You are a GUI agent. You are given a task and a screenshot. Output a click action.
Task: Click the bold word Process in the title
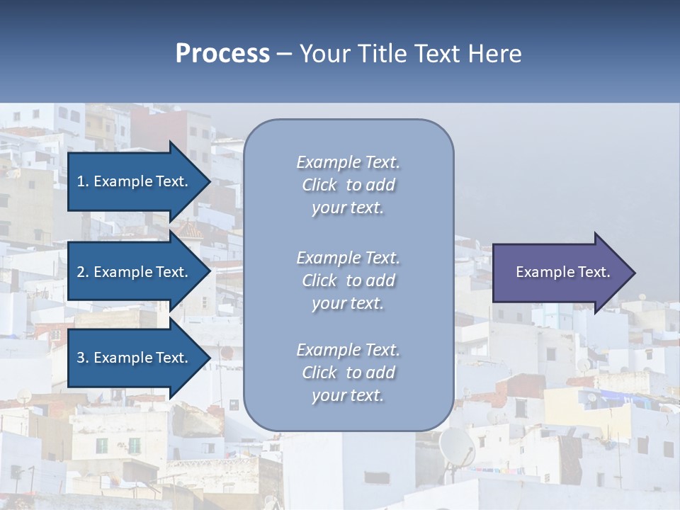[x=222, y=54]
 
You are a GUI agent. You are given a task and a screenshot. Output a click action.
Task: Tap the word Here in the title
[x=494, y=54]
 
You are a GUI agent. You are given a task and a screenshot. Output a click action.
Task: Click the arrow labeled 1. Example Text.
[x=135, y=181]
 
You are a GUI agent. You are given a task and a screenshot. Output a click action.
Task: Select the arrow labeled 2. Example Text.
[x=135, y=272]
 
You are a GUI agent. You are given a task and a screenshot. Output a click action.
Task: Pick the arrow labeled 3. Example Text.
[x=135, y=358]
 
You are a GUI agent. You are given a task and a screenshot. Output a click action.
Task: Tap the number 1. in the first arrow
[x=83, y=181]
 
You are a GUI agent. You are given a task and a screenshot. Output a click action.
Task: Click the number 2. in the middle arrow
[x=83, y=272]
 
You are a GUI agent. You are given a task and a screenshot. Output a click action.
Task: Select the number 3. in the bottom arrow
[x=83, y=358]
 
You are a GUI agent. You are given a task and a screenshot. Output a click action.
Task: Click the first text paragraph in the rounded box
[x=348, y=185]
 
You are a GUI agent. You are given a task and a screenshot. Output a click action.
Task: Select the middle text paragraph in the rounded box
[x=348, y=280]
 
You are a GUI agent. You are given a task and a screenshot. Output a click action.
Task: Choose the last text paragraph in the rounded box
[x=348, y=373]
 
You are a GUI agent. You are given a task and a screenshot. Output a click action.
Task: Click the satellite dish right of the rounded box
[x=457, y=446]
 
